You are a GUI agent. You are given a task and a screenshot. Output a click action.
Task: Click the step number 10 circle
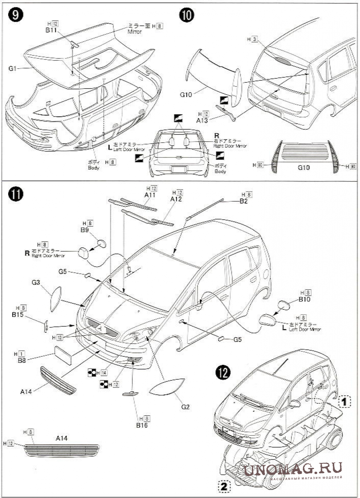187,15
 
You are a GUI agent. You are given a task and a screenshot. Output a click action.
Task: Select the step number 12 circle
224,372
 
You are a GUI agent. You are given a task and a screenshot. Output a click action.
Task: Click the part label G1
13,69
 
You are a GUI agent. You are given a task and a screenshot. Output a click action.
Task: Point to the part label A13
202,120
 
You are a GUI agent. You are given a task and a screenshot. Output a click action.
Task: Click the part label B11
52,30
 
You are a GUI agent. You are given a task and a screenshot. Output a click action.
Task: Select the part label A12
176,199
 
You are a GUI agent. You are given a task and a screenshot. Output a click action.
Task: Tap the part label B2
244,201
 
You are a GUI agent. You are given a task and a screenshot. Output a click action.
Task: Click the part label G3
36,282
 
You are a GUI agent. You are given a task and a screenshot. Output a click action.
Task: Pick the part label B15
17,315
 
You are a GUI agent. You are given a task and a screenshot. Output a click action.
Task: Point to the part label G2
185,407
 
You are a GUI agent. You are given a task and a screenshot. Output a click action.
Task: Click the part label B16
142,425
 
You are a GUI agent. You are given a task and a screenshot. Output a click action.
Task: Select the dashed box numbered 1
344,401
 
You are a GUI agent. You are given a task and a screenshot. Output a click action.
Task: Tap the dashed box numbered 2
224,486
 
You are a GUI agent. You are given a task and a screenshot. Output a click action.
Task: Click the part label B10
305,299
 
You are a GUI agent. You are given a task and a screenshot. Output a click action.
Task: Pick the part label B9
84,230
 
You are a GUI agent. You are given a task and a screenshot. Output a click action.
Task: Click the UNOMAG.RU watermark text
293,469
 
